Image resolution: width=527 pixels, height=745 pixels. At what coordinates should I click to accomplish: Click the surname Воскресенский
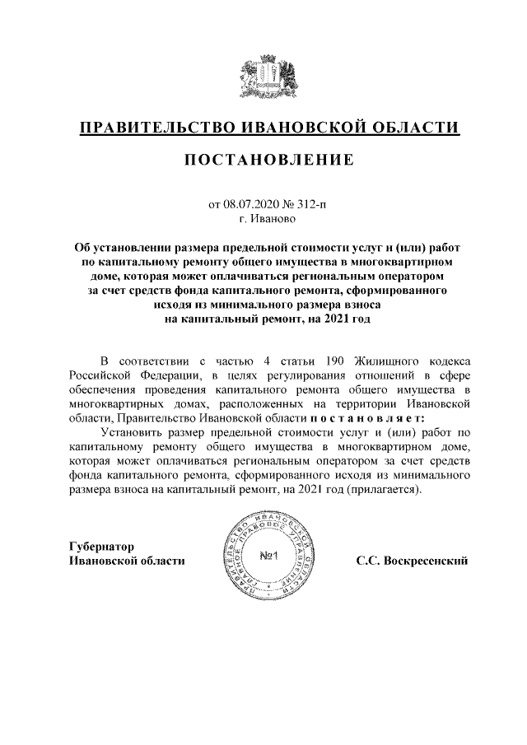412,561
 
